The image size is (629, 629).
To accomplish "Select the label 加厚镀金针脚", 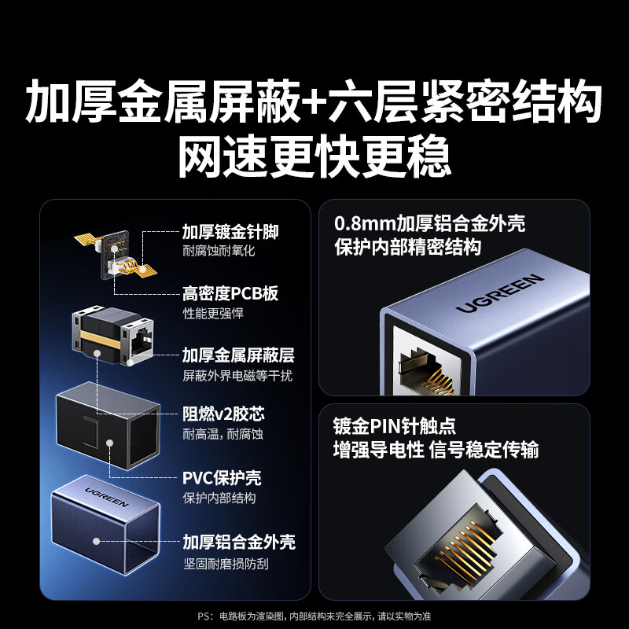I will (x=230, y=232).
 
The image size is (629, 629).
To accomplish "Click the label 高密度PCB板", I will (x=230, y=294).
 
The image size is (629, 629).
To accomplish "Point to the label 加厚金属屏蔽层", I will (x=238, y=355).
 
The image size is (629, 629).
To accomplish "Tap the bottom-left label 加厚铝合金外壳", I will (x=239, y=542).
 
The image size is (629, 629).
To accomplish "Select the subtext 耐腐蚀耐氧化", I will (x=219, y=252).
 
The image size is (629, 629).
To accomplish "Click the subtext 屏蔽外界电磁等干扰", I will (x=237, y=376).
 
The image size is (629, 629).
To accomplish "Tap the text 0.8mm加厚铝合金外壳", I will (x=429, y=224).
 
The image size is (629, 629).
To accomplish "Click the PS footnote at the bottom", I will (x=314, y=616).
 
